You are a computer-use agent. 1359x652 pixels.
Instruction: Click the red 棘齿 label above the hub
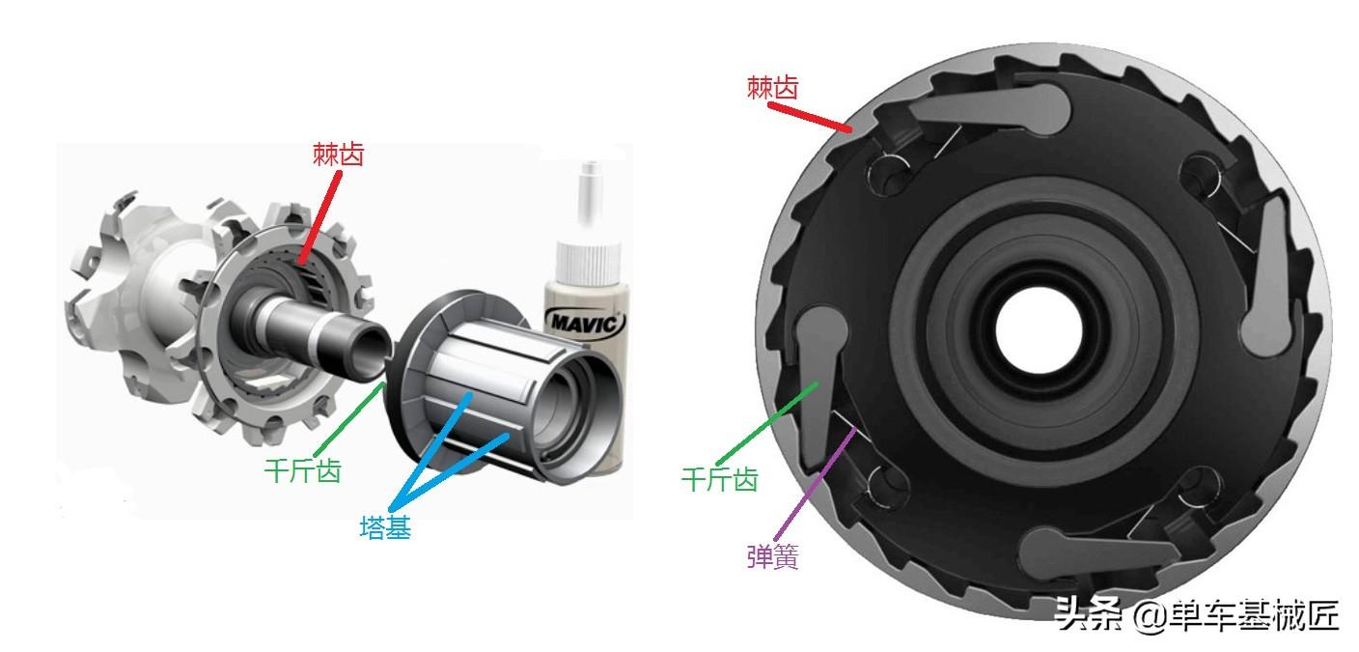click(x=338, y=155)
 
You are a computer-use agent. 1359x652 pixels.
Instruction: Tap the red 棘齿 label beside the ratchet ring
click(x=772, y=88)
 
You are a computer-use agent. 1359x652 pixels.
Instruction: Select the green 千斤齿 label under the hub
click(x=303, y=470)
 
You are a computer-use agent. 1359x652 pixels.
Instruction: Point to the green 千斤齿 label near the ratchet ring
click(x=719, y=480)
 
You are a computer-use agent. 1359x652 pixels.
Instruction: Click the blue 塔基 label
click(x=385, y=527)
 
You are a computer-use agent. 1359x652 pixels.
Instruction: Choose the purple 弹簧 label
click(x=772, y=555)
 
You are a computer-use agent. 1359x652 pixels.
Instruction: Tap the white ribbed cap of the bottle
click(x=588, y=263)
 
